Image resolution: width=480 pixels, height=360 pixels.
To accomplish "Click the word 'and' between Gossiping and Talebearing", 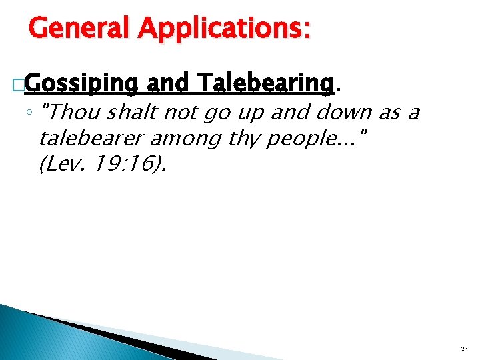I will click(169, 84).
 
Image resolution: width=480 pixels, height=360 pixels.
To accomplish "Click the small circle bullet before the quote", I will click(31, 114).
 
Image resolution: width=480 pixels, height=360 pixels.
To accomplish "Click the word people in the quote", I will click(298, 139).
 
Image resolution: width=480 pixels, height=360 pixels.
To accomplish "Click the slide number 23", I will click(463, 349).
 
